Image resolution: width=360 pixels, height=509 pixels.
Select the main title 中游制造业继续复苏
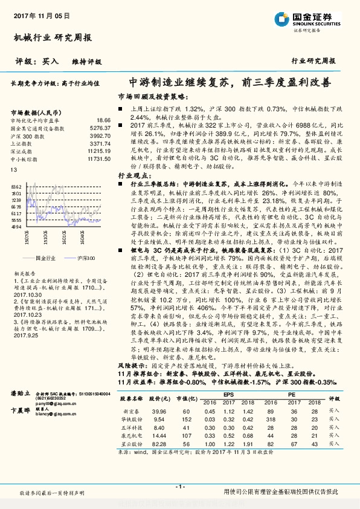pos(182,82)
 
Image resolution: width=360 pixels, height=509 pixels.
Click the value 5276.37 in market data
pos(101,128)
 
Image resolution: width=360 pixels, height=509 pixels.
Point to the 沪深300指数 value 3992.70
pos(101,137)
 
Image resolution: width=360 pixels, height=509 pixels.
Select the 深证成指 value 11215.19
pos(100,152)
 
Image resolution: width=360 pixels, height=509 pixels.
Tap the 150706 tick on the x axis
pos(27,239)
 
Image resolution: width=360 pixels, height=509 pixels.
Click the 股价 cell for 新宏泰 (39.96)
pos(159,410)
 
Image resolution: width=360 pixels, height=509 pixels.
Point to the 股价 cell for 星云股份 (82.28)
pos(159,443)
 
